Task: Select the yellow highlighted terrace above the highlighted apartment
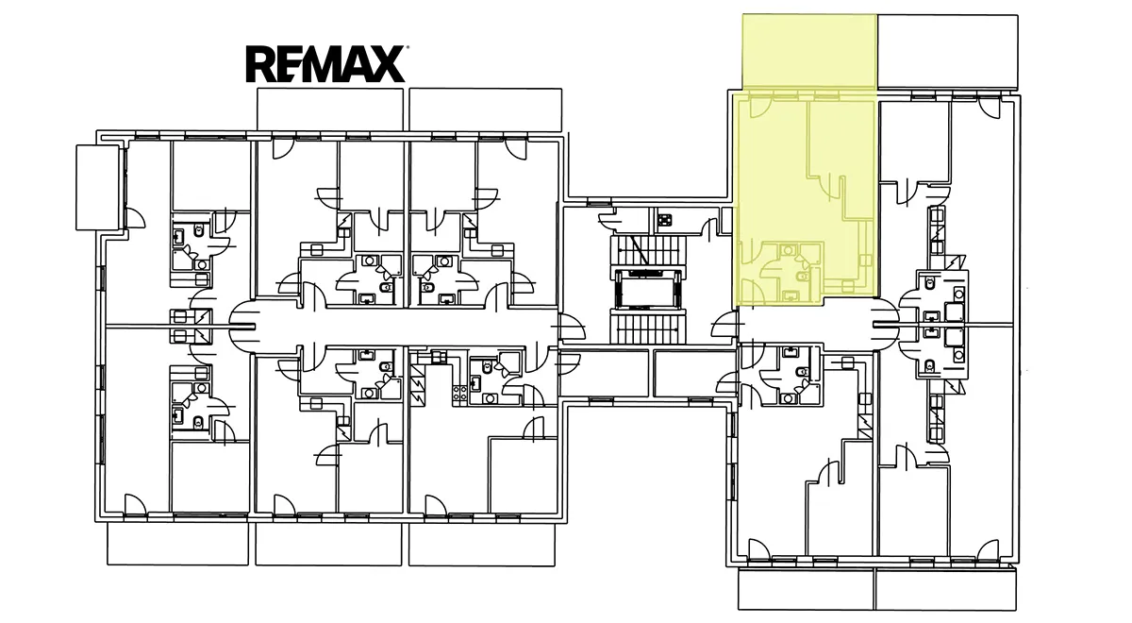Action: coord(809,52)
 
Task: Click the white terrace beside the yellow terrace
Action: coord(947,52)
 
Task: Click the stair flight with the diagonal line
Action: coord(648,249)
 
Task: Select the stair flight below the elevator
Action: coord(648,328)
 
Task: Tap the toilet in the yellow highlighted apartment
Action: coord(802,276)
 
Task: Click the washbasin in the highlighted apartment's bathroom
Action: coord(789,250)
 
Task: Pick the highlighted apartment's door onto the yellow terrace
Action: coord(759,108)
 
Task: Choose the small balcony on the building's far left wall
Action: coord(98,188)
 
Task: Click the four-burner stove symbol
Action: coord(460,394)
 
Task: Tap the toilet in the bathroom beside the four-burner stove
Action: coord(487,366)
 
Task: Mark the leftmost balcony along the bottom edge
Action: coord(178,544)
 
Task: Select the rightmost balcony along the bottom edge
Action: coord(945,589)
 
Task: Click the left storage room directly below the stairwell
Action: coord(605,373)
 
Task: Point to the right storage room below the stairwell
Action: coord(694,373)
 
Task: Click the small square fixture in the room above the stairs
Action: coord(664,220)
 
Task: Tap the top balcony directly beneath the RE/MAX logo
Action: coord(330,109)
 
